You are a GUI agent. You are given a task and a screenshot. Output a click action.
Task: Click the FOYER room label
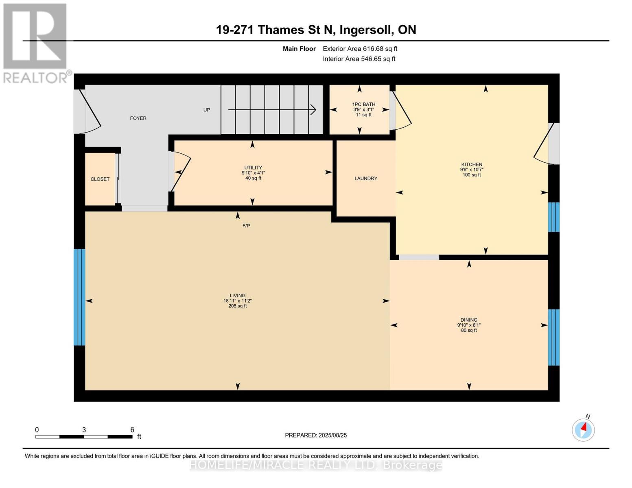[138, 118]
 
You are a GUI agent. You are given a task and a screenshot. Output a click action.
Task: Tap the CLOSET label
[100, 179]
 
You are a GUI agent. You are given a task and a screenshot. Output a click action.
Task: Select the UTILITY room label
[253, 168]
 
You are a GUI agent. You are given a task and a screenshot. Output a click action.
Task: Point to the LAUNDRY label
[365, 179]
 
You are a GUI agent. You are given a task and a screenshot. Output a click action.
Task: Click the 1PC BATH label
[363, 105]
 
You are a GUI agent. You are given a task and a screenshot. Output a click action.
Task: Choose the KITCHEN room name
[471, 164]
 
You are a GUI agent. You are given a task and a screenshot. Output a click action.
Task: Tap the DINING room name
[468, 320]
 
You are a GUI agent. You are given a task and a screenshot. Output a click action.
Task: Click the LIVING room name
[237, 295]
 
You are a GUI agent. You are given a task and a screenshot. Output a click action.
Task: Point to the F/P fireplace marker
[246, 226]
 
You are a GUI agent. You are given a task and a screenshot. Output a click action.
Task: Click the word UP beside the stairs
[206, 110]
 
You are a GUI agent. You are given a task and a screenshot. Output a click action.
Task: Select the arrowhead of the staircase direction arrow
[314, 109]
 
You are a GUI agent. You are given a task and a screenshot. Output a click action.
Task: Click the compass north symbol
[583, 430]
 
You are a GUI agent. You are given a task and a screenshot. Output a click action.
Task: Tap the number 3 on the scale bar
[84, 429]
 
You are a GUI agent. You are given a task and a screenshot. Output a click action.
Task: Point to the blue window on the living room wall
[79, 297]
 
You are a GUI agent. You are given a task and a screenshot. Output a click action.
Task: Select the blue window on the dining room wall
[553, 338]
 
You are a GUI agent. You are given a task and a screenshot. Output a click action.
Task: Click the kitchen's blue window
[553, 217]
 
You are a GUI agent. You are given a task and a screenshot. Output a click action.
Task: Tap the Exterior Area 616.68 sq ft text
[360, 49]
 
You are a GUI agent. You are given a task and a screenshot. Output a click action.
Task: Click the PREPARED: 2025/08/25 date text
[315, 435]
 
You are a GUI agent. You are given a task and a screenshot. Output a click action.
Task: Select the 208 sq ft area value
[237, 306]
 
